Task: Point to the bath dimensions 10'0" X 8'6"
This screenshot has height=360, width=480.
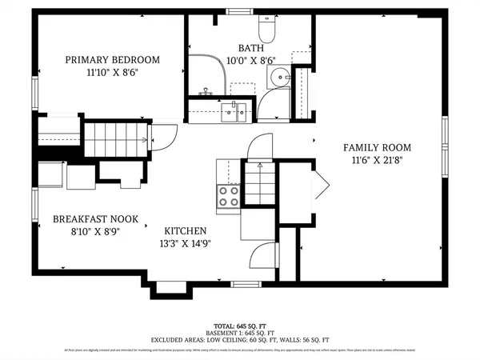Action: coord(250,60)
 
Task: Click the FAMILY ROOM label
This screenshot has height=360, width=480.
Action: coord(377,147)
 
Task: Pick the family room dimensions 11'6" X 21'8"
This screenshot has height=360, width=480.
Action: coord(377,160)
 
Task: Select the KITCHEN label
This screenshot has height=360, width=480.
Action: coord(185,230)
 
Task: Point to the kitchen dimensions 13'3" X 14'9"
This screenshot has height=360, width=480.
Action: coord(185,243)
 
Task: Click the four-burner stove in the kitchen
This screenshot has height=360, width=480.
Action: coord(228,196)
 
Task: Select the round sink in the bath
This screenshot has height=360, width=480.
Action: coord(278,78)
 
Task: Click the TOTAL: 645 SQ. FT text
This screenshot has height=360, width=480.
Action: coord(239,326)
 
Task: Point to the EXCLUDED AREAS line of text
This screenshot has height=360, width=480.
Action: coord(239,340)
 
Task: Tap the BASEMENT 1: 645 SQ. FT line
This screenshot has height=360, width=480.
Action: coord(239,333)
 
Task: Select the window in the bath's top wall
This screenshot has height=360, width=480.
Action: coord(238,11)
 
